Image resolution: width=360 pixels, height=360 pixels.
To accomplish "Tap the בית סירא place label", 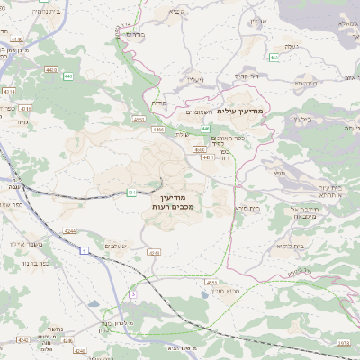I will pos(249,208).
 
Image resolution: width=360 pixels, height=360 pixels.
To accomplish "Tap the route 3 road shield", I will pos(132,293).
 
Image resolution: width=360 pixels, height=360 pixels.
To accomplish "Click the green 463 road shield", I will pos(274,58).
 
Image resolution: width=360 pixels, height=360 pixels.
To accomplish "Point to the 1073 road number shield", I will pos(343,343).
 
